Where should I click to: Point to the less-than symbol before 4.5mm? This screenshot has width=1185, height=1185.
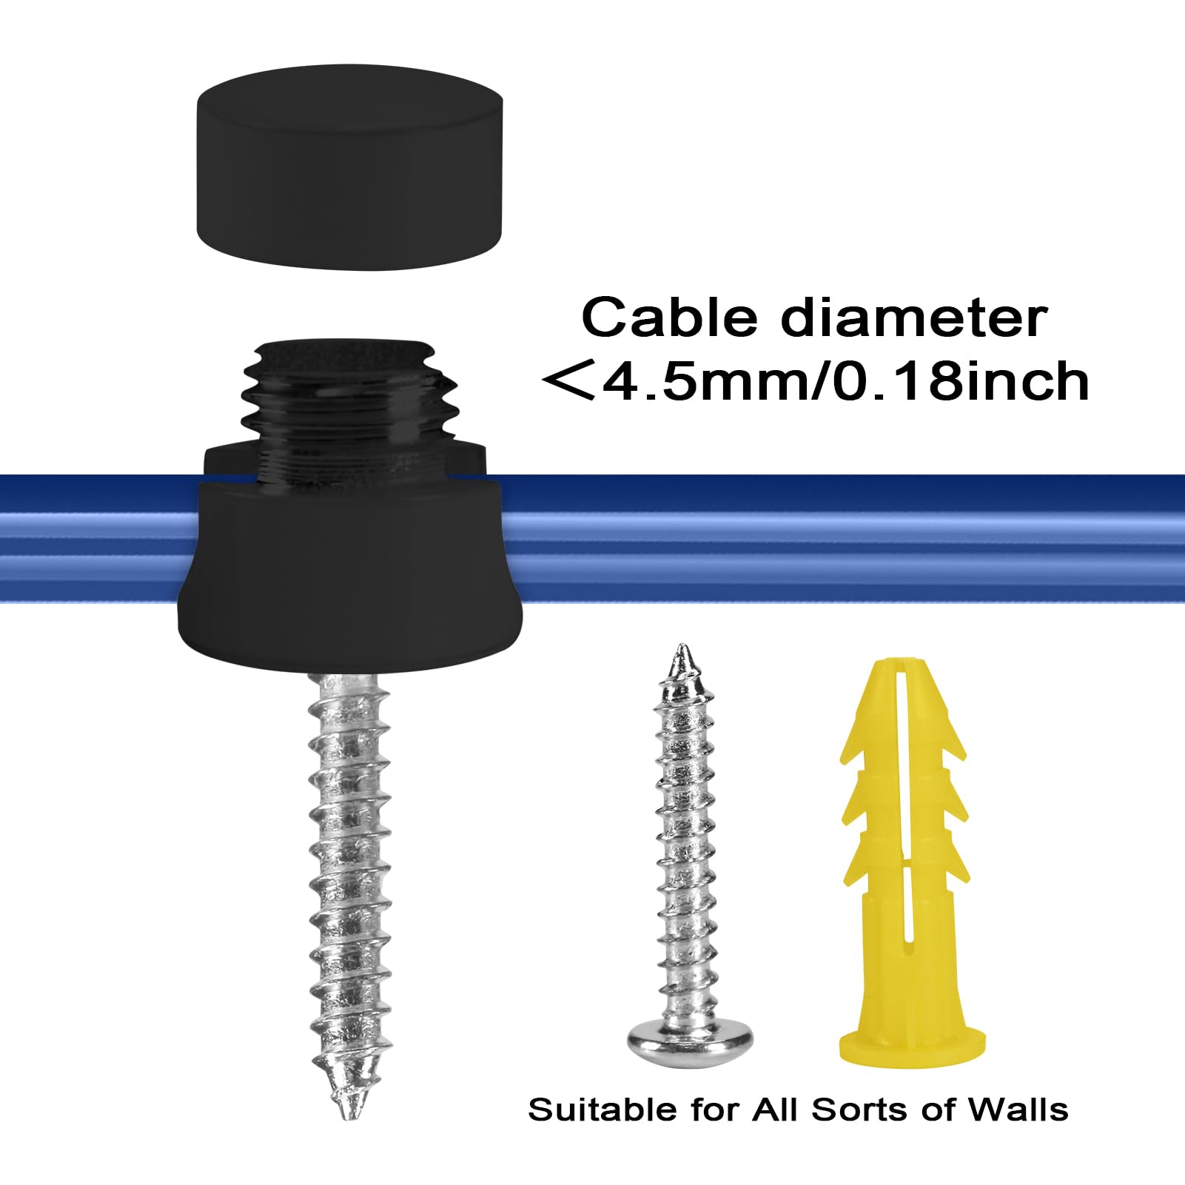(x=568, y=381)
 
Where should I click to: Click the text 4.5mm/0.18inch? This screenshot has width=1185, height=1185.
(x=844, y=381)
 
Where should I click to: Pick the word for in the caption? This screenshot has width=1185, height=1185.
(x=715, y=1110)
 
